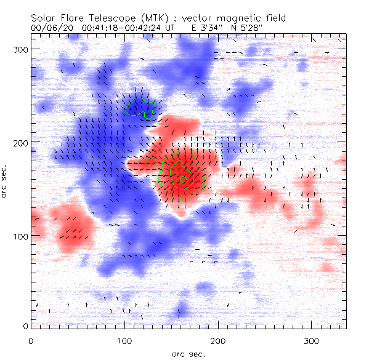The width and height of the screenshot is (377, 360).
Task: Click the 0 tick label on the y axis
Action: (x=24, y=326)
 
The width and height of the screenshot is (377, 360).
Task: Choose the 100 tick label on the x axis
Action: (x=125, y=340)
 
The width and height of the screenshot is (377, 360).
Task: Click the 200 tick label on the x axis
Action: (x=219, y=340)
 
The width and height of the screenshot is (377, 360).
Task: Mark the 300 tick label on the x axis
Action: (x=312, y=340)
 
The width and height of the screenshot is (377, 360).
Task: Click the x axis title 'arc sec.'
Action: (x=188, y=354)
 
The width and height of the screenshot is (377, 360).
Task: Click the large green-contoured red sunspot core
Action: (x=181, y=177)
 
